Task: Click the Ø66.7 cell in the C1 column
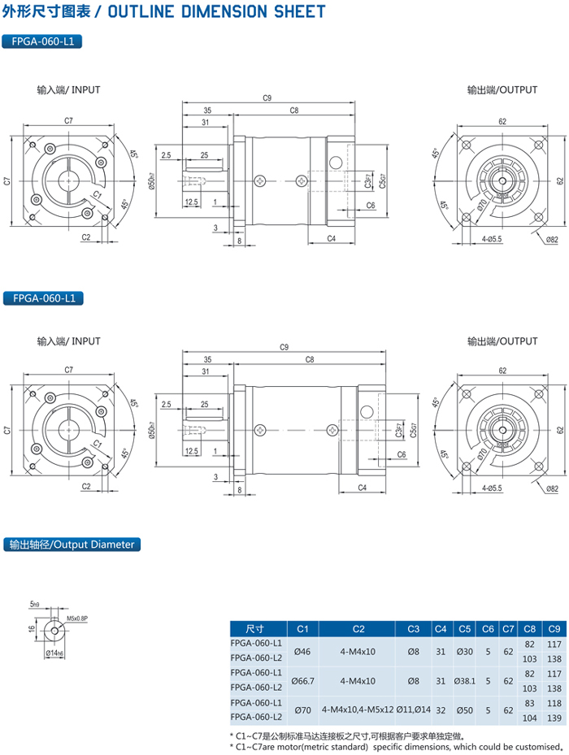point(302,680)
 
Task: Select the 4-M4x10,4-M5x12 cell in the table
point(358,709)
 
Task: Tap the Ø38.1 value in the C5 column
point(465,680)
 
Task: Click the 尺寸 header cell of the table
point(255,628)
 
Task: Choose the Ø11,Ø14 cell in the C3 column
point(413,709)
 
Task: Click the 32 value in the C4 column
point(441,709)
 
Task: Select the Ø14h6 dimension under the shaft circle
point(54,653)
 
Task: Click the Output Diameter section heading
point(72,545)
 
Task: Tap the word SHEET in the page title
point(298,11)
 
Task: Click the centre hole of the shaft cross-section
point(54,631)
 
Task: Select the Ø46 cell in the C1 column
point(302,651)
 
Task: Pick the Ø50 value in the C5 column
point(465,709)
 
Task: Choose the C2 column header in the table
point(358,628)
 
